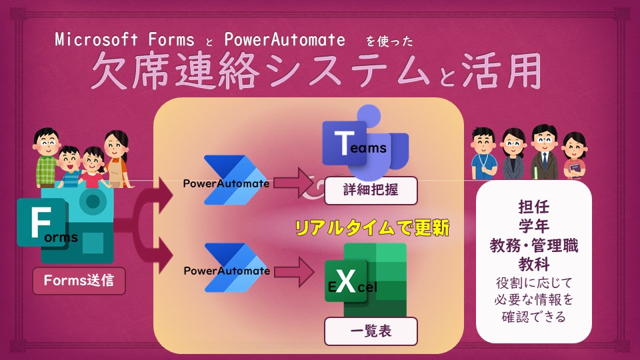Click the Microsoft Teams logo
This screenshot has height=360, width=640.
(x=365, y=142)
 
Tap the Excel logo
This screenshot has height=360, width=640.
(x=366, y=280)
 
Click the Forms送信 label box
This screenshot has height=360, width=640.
(x=79, y=281)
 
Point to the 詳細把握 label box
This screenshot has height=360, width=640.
(x=371, y=190)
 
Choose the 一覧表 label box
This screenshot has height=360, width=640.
(x=371, y=331)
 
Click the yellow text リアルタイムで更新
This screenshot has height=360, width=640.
(x=372, y=228)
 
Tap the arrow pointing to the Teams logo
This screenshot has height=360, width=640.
(x=293, y=183)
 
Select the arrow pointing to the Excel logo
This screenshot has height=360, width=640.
(x=294, y=272)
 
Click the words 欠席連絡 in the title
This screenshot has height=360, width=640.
(x=175, y=71)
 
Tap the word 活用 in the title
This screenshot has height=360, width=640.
(x=501, y=71)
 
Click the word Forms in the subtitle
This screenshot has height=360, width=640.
(x=171, y=40)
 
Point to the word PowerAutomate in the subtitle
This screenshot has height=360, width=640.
(x=285, y=40)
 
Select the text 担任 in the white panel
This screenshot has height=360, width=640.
(x=533, y=207)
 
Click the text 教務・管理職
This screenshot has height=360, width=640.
(x=534, y=246)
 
